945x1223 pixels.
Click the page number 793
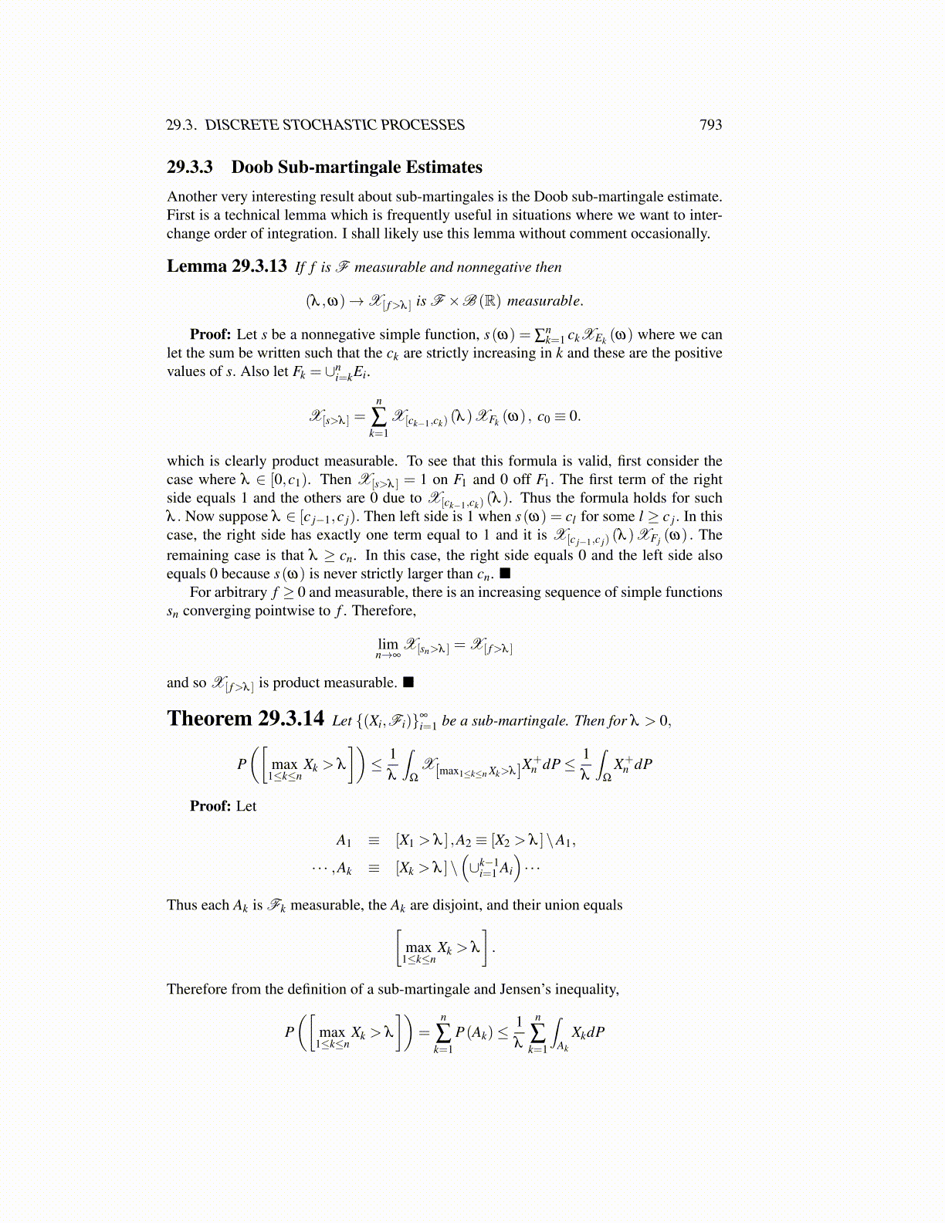point(710,125)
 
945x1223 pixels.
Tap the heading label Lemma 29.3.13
point(227,266)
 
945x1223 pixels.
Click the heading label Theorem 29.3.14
point(246,719)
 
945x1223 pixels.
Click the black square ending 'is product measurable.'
point(408,683)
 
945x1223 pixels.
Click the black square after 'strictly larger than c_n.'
point(505,574)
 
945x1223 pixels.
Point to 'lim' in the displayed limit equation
point(388,643)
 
